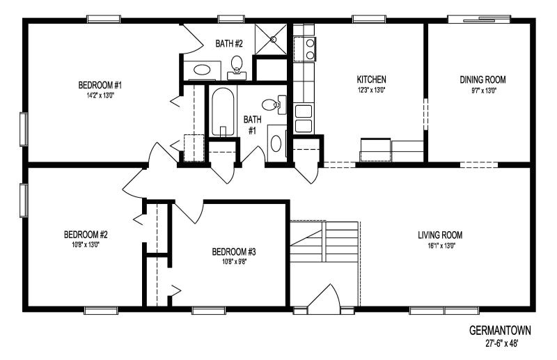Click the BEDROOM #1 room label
point(100,86)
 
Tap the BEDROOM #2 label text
point(85,234)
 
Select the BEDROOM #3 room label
point(230,251)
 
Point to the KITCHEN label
point(371,79)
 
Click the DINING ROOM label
point(483,79)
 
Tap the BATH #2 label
point(230,43)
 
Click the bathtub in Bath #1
point(222,111)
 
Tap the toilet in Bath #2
point(237,64)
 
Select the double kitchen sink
point(304,118)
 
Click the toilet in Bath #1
point(279,105)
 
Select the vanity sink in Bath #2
point(203,70)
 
